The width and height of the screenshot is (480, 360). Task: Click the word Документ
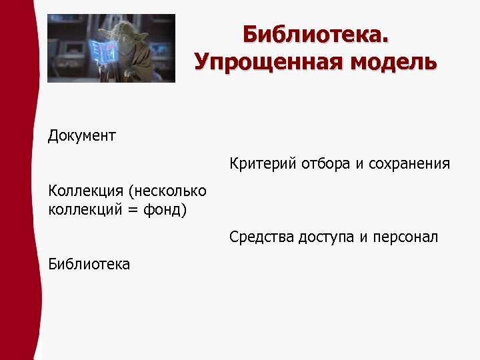point(82,136)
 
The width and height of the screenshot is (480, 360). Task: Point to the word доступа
point(323,237)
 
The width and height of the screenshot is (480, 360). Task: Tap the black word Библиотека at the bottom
point(89,264)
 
